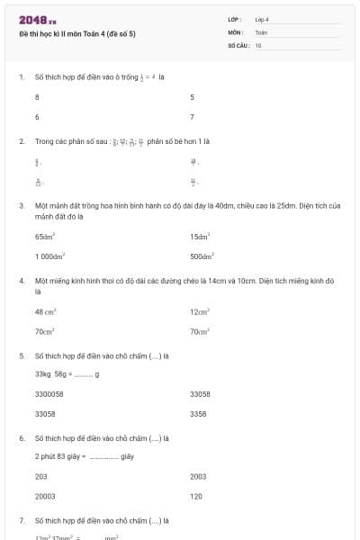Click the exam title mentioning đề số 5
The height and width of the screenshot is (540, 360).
pos(77,34)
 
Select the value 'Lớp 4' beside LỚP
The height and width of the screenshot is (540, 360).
pos(262,19)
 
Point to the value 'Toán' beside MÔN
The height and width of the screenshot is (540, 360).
pos(261,31)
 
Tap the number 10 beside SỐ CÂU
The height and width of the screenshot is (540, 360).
pos(258,44)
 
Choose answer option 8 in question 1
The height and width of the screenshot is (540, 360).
pos(37,96)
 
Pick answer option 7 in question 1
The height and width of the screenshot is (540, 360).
pos(192,117)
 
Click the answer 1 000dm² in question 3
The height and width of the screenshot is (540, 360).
pos(49,256)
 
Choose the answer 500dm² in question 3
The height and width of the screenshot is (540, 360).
pos(201,256)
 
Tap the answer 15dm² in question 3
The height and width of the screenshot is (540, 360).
pos(200,236)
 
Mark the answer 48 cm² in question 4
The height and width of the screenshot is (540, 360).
pos(46,311)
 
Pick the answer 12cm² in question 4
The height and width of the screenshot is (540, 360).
pos(200,311)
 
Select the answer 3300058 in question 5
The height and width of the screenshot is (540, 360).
pos(49,394)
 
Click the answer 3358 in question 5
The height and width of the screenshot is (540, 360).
pos(198,414)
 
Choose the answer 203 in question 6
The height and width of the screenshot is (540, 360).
pos(41,476)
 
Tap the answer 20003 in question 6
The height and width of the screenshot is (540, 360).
pos(45,496)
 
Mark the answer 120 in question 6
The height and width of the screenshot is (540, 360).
pos(196,496)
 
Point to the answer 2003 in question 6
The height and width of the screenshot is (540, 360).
pos(198,476)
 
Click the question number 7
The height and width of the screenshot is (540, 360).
pos(21,520)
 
